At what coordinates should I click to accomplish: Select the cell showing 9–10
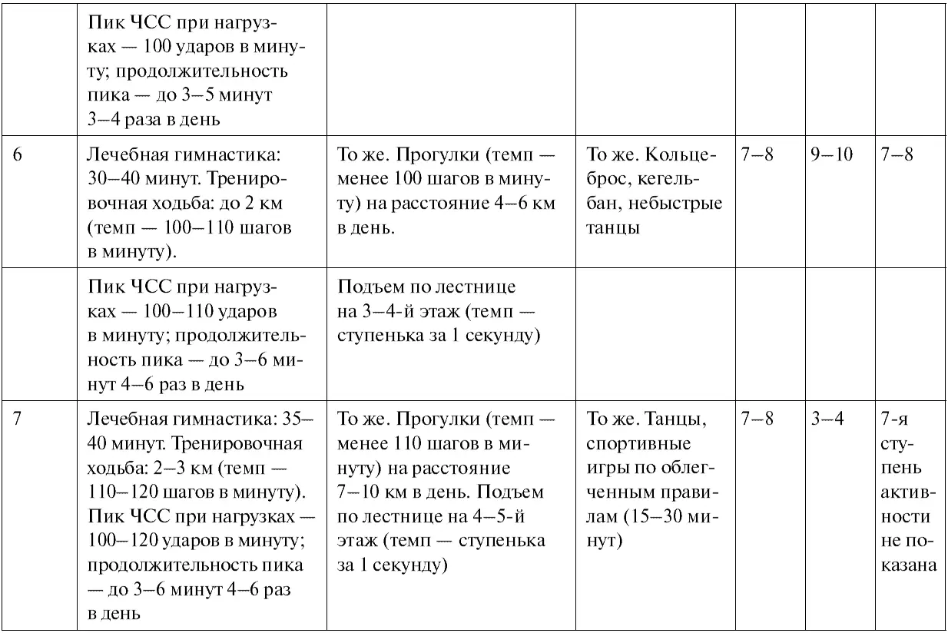point(831,154)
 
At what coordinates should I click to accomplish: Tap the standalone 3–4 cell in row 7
point(828,419)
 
